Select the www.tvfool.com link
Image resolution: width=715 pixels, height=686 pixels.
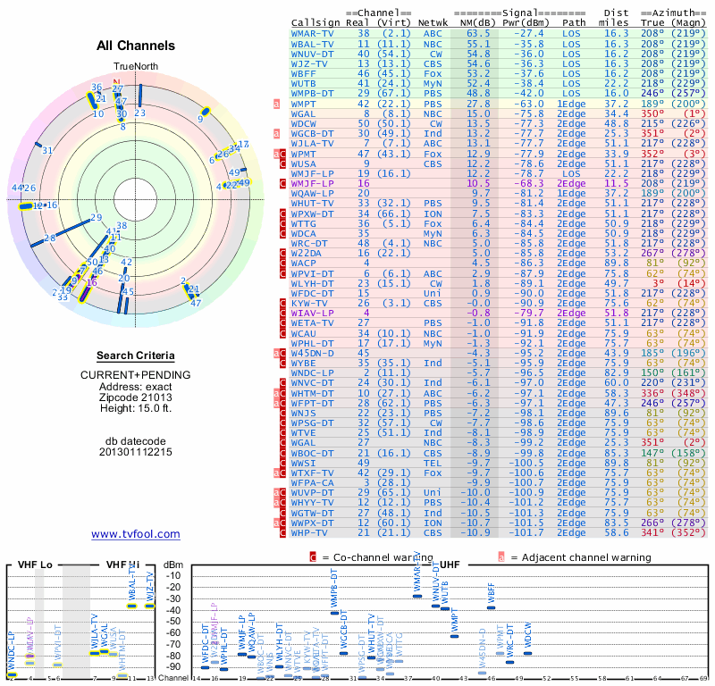coord(135,534)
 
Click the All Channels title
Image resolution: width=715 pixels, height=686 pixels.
coord(135,45)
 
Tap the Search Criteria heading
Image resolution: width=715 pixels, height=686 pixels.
coord(135,356)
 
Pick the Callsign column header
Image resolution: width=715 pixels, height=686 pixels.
coord(316,22)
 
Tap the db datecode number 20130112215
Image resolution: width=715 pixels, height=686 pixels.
coord(135,451)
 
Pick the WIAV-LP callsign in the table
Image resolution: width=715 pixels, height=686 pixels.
coord(313,313)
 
